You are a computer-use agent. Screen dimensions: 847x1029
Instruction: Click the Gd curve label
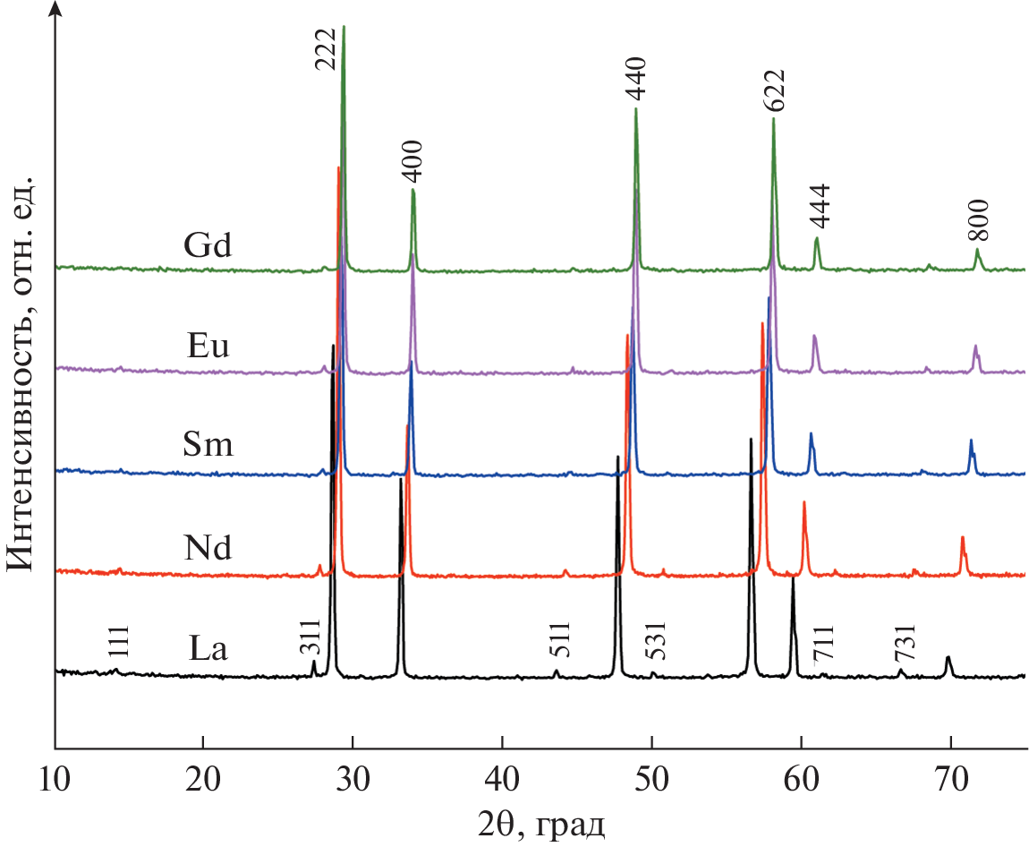[207, 245]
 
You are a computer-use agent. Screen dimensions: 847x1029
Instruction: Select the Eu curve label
[207, 346]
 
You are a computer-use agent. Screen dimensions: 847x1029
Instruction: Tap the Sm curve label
[207, 445]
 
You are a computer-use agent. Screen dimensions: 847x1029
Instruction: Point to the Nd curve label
[207, 547]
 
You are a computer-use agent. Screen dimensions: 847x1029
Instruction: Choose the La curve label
[208, 647]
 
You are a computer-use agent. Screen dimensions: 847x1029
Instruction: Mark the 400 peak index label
[412, 162]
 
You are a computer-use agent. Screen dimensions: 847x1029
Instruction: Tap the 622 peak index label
[774, 90]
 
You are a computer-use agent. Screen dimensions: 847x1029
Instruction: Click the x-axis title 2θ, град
[540, 821]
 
